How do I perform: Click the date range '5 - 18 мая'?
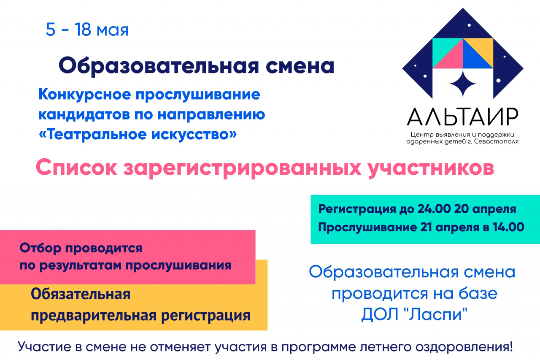click(87, 30)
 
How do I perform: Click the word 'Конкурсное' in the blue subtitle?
click(84, 94)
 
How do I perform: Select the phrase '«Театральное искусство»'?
click(138, 134)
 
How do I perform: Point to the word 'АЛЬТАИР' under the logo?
click(463, 117)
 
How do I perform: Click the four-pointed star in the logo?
click(463, 84)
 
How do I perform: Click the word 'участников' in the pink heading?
click(431, 168)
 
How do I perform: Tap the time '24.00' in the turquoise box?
click(434, 209)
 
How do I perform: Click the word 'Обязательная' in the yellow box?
click(81, 294)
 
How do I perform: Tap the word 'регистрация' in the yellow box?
click(205, 316)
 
